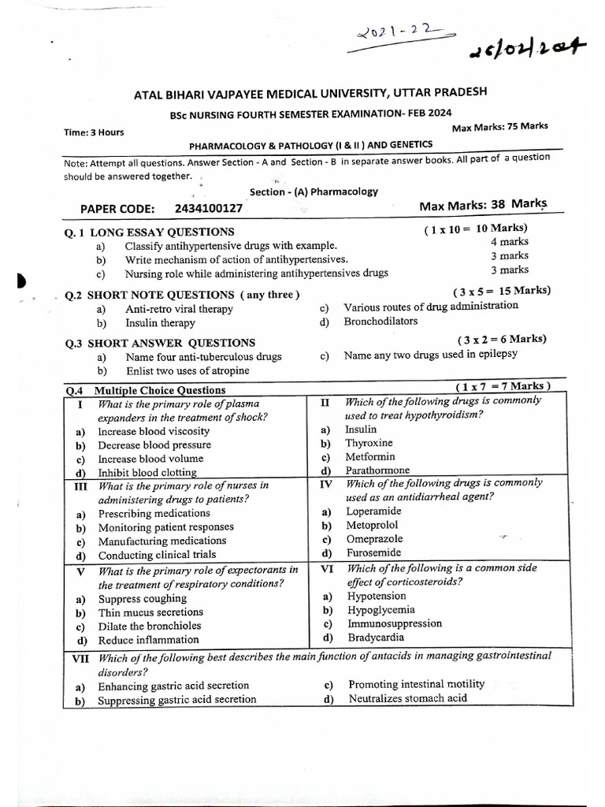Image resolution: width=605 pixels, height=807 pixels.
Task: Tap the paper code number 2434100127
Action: tap(209, 209)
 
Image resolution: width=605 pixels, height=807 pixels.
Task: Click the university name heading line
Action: tap(310, 94)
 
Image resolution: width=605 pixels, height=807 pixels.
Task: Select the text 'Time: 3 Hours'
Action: tap(94, 132)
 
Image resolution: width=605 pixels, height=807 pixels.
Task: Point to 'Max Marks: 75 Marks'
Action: tap(499, 127)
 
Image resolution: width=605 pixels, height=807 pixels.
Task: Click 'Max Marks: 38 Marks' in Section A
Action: tap(483, 205)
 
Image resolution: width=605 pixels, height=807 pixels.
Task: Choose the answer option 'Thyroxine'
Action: tap(369, 443)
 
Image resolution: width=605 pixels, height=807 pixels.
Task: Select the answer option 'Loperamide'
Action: tap(374, 511)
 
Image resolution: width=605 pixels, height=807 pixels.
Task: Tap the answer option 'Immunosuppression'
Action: tap(395, 623)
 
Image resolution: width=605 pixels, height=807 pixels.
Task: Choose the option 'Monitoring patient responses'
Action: tap(165, 527)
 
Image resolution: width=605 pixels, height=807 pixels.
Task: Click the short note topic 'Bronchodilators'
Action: tap(380, 322)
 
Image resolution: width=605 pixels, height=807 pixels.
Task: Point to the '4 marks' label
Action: tap(510, 242)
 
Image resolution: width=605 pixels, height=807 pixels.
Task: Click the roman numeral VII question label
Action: tap(81, 657)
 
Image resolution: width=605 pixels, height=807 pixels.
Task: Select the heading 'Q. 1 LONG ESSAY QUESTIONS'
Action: tap(150, 232)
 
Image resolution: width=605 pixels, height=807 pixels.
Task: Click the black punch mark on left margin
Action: tap(20, 281)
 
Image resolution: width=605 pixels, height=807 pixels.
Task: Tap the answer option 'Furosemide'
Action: tap(374, 553)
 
